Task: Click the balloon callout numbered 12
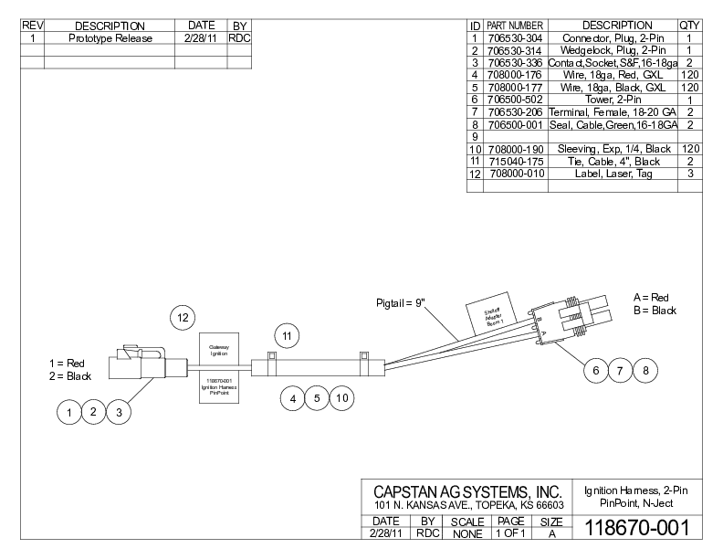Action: [183, 317]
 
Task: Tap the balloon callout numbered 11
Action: [288, 337]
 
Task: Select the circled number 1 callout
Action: [68, 414]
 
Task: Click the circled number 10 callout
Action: [341, 398]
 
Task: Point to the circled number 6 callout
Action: [595, 370]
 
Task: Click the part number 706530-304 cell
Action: [514, 37]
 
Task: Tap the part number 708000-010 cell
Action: [514, 173]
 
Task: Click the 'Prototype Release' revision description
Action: [110, 38]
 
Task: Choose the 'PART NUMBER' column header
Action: [514, 25]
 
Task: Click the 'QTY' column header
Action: [688, 25]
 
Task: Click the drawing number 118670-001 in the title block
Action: [635, 528]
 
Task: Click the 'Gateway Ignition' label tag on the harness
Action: [219, 350]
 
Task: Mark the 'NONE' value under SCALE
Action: [466, 533]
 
